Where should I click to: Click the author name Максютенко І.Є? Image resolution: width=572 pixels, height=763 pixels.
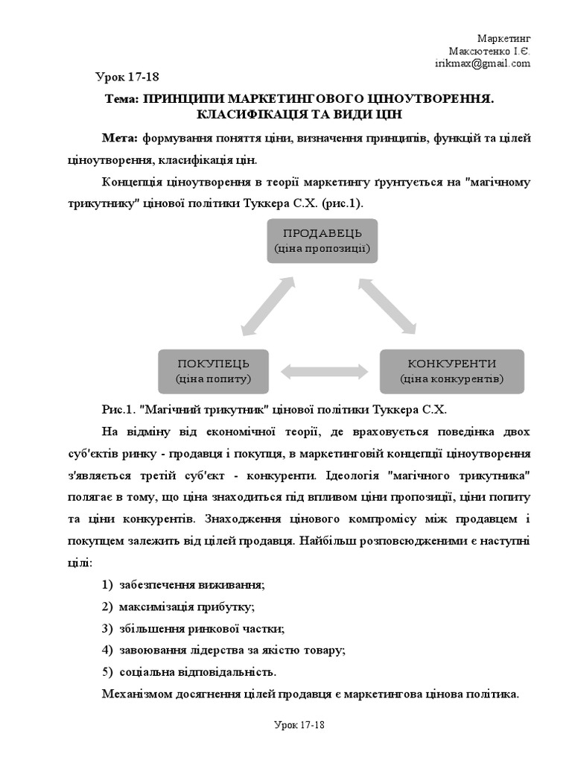(x=489, y=51)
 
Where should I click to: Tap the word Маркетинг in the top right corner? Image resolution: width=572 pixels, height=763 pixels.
(x=503, y=39)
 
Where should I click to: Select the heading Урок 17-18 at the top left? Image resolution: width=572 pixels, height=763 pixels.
(x=127, y=77)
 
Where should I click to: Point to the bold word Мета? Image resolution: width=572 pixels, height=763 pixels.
(x=120, y=139)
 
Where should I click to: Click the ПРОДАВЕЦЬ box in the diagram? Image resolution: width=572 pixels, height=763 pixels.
(x=322, y=241)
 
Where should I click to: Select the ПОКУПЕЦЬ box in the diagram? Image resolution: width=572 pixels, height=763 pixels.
(x=212, y=370)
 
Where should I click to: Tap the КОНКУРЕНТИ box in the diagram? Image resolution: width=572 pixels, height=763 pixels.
(x=451, y=370)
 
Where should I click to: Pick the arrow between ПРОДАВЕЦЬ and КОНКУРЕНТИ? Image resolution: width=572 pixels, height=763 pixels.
(x=387, y=305)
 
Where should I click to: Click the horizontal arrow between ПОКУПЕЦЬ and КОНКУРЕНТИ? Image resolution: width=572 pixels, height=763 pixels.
(x=325, y=370)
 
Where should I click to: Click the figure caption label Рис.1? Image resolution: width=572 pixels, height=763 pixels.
(x=118, y=411)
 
